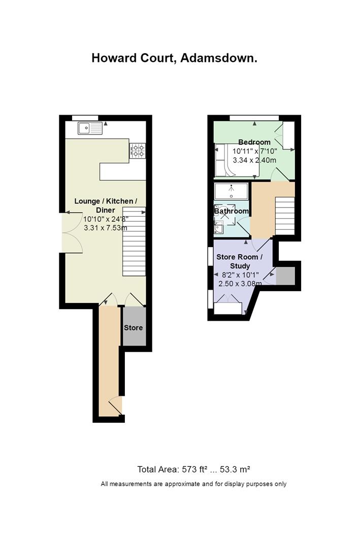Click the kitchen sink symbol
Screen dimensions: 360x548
(x=90, y=128)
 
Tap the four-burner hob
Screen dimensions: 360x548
(x=138, y=151)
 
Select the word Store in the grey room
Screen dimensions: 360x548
(x=134, y=328)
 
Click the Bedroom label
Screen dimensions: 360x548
(x=254, y=142)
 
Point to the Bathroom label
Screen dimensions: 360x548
(x=231, y=211)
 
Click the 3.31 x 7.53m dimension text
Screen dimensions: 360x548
(x=106, y=228)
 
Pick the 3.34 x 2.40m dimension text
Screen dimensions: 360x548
(x=255, y=160)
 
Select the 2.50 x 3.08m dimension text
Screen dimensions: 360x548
(x=240, y=284)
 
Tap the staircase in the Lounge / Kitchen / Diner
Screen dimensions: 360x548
(x=134, y=242)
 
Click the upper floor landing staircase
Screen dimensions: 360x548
(x=285, y=216)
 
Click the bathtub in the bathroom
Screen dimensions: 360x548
(x=231, y=191)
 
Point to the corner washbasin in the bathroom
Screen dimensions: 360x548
(x=219, y=227)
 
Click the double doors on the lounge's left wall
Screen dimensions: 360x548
(x=72, y=232)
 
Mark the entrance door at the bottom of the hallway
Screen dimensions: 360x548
(x=116, y=406)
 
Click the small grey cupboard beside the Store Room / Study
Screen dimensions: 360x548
(x=285, y=276)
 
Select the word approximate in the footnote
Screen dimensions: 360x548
(x=181, y=485)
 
